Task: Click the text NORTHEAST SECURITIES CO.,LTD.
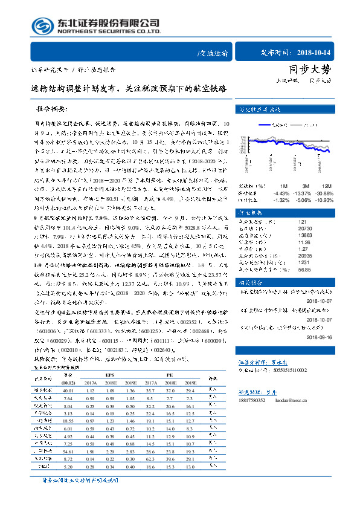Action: (x=109, y=32)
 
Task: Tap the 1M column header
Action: (x=284, y=185)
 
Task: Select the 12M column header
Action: (x=326, y=185)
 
